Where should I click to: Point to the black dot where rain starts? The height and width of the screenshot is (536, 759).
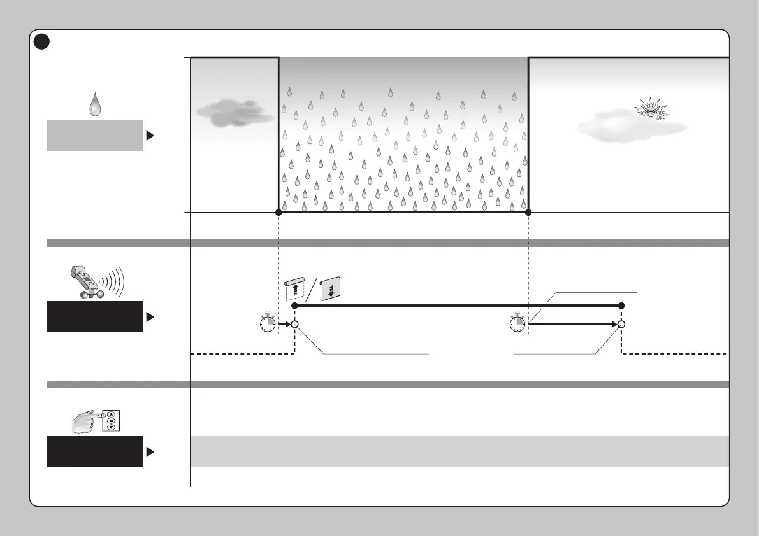point(278,212)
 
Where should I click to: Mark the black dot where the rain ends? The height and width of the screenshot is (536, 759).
point(528,212)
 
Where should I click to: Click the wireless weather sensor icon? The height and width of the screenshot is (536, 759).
point(94,281)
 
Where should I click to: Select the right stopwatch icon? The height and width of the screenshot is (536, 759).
point(517,324)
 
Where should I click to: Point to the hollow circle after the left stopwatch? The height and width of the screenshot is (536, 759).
point(294,324)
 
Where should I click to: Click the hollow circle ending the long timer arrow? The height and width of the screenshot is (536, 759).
point(621,324)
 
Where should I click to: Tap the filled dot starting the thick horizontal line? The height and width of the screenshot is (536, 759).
point(294,306)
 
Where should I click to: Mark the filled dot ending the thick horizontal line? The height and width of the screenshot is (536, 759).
point(621,306)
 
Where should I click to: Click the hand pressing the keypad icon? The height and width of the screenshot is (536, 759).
point(94,421)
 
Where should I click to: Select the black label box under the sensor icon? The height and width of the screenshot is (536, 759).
point(95,317)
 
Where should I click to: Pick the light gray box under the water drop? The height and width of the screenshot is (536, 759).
point(95,135)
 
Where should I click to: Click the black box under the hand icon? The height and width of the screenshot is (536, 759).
point(95,452)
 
